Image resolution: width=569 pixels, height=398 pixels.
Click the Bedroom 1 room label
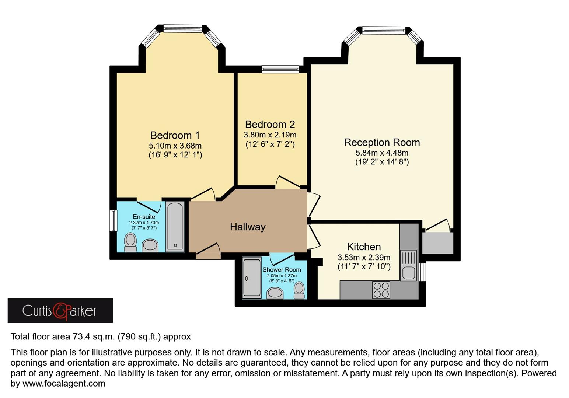tap(175, 135)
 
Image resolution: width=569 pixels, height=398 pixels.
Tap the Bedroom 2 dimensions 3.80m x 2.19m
tap(270, 135)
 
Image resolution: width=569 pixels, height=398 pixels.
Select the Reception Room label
tap(382, 142)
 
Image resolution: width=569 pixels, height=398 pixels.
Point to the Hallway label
tap(248, 227)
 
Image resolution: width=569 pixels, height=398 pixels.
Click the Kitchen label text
tap(364, 247)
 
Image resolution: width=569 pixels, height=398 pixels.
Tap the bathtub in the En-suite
tap(175, 226)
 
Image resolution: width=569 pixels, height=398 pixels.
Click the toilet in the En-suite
tap(130, 242)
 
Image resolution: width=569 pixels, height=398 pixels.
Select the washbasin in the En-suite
tap(150, 245)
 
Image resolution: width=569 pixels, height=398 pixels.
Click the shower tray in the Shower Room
tap(252, 277)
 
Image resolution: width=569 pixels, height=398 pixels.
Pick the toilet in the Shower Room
tap(299, 290)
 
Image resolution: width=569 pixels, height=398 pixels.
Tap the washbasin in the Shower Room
tap(275, 293)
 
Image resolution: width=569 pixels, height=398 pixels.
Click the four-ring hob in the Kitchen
tap(381, 290)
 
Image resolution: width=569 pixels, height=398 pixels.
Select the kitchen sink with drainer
tap(408, 265)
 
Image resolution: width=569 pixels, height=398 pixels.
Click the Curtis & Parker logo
tap(60, 311)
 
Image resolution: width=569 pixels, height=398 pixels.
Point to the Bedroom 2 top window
tap(280, 69)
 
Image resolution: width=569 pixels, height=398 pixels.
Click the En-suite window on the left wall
tap(114, 221)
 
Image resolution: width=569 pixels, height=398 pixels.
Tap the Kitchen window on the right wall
tap(423, 272)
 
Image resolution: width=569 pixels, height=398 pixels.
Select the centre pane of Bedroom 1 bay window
tap(183, 29)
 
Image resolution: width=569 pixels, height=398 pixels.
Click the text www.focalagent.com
tap(64, 384)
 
